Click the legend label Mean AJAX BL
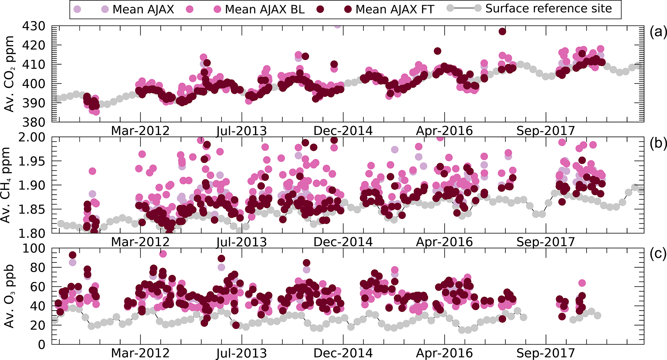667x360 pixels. point(265,9)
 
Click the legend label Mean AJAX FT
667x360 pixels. point(395,9)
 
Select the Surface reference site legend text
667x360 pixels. point(549,9)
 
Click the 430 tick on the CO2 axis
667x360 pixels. point(33,26)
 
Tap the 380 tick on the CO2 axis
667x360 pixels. point(33,122)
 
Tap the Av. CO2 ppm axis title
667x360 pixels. point(10,74)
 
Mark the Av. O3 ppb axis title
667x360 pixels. point(10,296)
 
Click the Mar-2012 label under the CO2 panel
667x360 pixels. point(140,131)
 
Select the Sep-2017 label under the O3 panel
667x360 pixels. point(546,353)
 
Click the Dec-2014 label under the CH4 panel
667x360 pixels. point(343,242)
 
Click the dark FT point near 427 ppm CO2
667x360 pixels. point(502,32)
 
